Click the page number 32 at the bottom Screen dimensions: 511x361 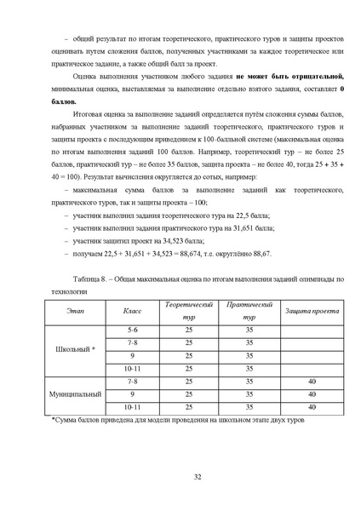click(198, 475)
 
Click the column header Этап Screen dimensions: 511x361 click(75, 312)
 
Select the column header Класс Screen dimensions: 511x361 click(132, 312)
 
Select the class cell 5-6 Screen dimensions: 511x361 click(132, 329)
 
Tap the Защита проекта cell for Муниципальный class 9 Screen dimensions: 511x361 click(312, 394)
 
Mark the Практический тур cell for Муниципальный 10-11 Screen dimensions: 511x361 click(249, 408)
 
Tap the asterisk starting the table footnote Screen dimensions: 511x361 click(53, 421)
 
